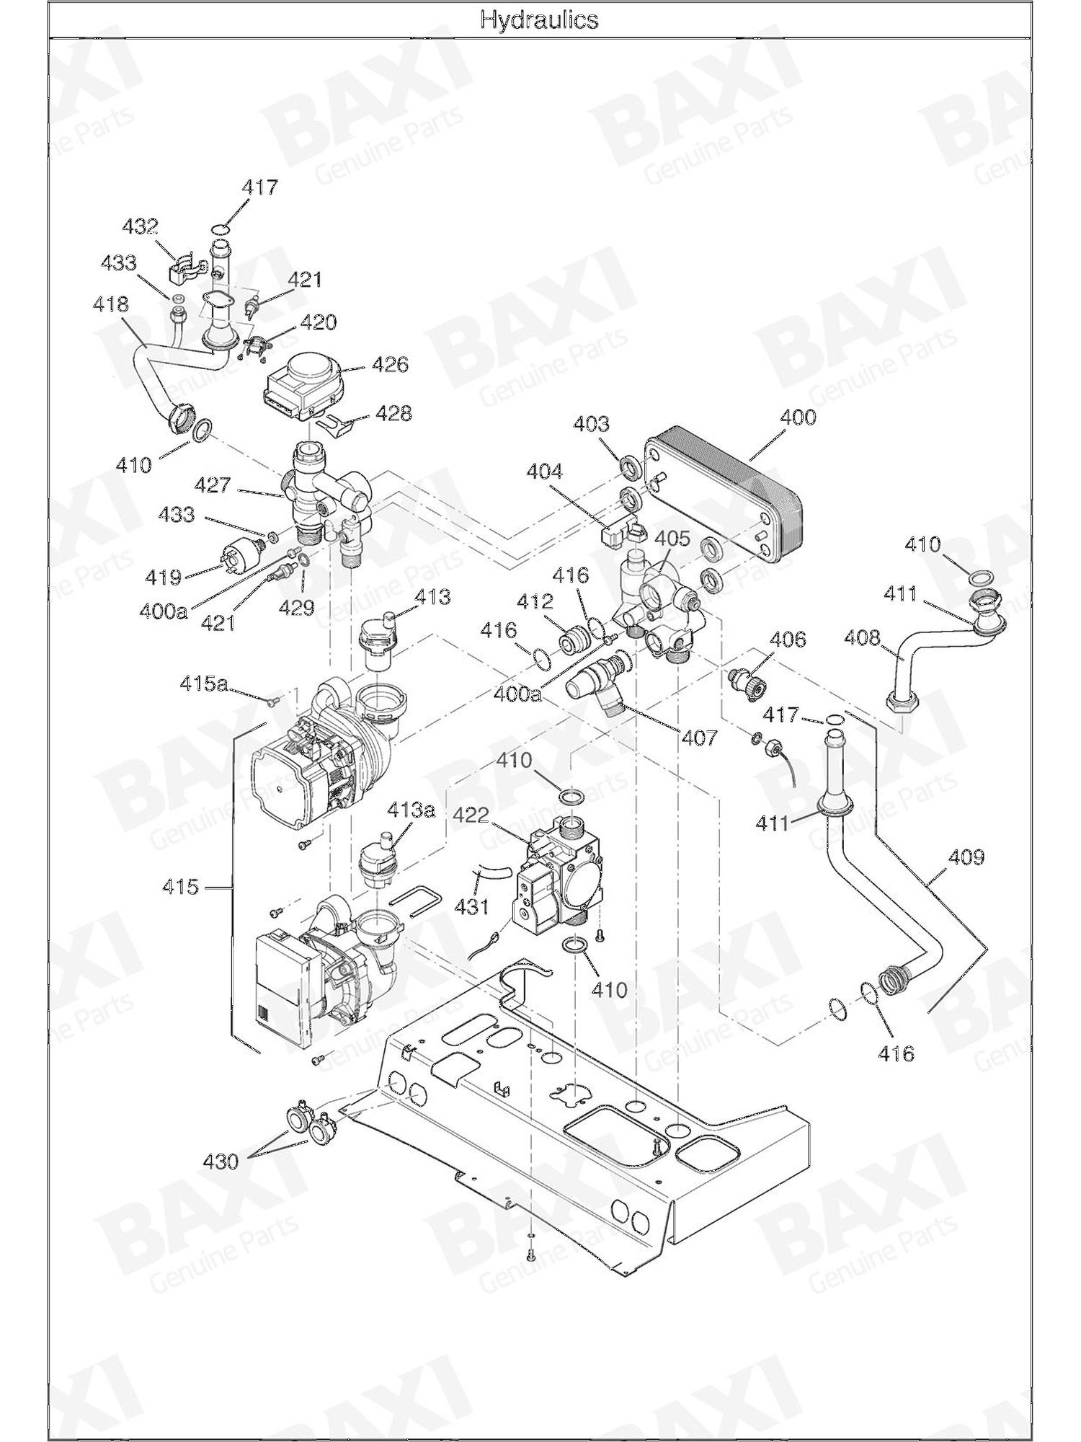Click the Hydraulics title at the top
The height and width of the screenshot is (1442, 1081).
pos(539,19)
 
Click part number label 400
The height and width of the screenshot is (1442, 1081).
pos(798,417)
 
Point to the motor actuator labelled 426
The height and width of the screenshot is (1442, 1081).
pos(306,386)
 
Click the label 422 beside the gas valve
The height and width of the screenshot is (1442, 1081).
pos(472,815)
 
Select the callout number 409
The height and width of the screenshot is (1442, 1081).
pos(966,857)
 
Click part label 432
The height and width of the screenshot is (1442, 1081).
pos(140,226)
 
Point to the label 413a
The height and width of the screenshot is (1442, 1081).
pos(412,810)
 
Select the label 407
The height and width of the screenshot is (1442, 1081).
pos(700,738)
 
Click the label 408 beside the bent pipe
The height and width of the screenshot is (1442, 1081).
pos(863,637)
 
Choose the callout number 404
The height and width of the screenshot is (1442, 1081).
pos(544,472)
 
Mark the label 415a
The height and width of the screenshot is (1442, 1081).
pos(203,684)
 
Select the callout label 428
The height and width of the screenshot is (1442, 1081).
pos(393,413)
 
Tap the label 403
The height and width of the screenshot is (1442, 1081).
pos(591,423)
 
